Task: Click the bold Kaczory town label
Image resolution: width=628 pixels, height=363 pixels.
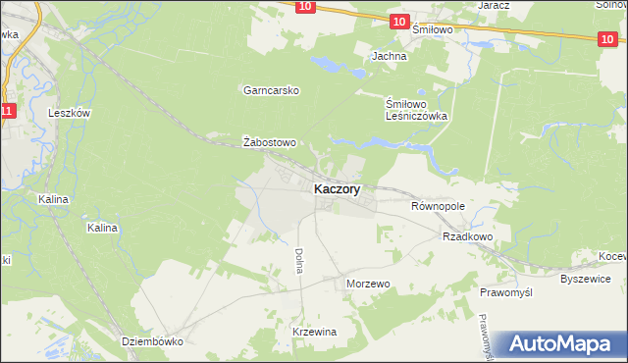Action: click(337, 189)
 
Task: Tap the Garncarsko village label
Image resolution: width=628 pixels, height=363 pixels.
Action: click(271, 90)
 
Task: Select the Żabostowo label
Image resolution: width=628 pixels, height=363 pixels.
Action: click(269, 142)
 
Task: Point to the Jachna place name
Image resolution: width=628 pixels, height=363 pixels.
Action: click(389, 57)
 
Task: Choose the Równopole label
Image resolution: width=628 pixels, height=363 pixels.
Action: click(437, 206)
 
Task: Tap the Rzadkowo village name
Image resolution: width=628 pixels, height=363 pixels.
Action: click(467, 236)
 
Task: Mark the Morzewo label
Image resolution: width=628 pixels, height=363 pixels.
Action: click(369, 284)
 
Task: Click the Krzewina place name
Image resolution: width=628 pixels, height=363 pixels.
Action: click(314, 332)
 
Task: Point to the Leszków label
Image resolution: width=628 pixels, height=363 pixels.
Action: click(70, 113)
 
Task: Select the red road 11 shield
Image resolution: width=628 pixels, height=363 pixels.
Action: click(8, 111)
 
